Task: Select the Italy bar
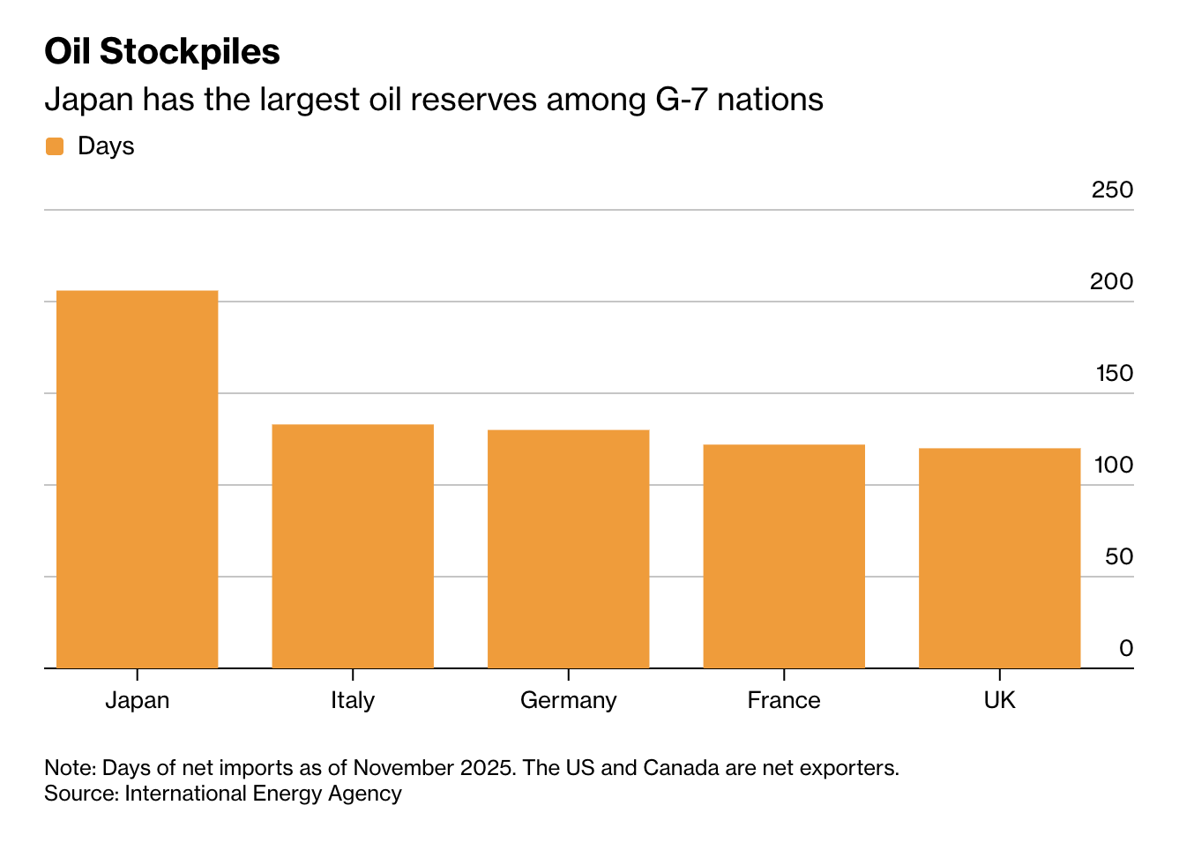[x=353, y=546]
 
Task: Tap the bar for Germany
[x=568, y=548]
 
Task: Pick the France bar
[x=784, y=555]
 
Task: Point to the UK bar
[x=999, y=557]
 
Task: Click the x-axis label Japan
[x=137, y=700]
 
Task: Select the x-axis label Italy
[x=353, y=700]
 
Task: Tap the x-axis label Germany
[x=568, y=700]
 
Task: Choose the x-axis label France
[x=784, y=700]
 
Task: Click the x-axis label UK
[x=999, y=700]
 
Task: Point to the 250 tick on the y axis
[x=1112, y=190]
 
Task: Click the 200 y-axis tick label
[x=1112, y=281]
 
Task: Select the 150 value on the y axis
[x=1114, y=373]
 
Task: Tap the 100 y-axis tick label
[x=1114, y=465]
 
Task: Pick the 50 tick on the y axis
[x=1118, y=556]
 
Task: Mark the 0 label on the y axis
[x=1126, y=648]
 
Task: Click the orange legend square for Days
[x=55, y=146]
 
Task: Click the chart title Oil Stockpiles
[x=162, y=52]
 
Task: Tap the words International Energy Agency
[x=263, y=794]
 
